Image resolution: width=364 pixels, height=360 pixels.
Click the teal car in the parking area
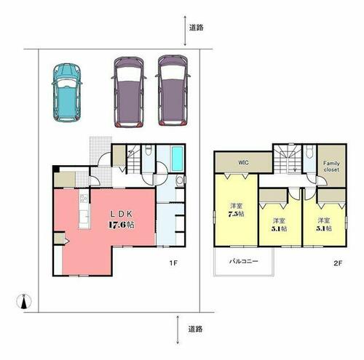tap(67, 92)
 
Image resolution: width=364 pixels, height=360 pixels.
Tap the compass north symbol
tap(24, 301)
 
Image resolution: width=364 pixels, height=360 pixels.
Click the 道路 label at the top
tap(196, 28)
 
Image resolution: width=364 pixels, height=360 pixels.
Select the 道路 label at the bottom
tap(195, 329)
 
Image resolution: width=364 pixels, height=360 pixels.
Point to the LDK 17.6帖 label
tap(121, 220)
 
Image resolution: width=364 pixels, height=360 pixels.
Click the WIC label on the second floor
tap(243, 162)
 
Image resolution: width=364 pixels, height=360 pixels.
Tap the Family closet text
tap(331, 167)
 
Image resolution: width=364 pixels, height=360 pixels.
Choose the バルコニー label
tap(244, 261)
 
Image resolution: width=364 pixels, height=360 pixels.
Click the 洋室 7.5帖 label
tap(236, 210)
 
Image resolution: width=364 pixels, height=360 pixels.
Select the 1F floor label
tap(173, 263)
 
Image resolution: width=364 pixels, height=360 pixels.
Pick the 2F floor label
tap(338, 263)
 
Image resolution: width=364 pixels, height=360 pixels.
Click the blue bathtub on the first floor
tap(177, 159)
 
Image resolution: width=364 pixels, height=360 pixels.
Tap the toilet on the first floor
tap(148, 150)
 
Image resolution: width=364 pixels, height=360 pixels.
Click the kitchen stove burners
tap(84, 199)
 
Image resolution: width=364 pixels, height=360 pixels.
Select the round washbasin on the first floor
tap(180, 180)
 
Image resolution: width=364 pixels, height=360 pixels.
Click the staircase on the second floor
tap(288, 159)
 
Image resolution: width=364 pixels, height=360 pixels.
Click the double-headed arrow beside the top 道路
tap(185, 31)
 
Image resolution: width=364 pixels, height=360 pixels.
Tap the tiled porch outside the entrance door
tap(100, 151)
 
